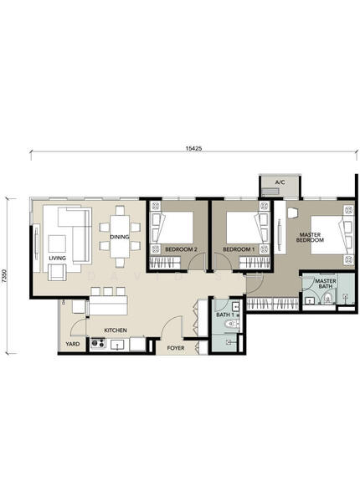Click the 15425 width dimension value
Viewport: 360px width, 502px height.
point(193,148)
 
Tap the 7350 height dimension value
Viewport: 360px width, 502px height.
point(4,276)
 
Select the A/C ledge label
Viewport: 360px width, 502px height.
point(280,182)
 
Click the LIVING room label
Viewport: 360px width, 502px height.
point(57,258)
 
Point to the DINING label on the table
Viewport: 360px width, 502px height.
point(120,237)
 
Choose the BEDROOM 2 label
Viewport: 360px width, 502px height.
point(181,249)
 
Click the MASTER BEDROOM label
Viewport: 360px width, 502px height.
point(310,238)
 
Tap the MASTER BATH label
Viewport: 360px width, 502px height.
point(326,284)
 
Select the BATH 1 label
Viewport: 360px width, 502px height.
point(225,315)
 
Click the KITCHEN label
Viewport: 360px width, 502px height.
point(116,330)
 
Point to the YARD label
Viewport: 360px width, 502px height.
point(73,344)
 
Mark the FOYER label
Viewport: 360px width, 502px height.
point(176,348)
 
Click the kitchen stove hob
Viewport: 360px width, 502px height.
point(98,343)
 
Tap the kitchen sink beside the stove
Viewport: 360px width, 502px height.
point(118,345)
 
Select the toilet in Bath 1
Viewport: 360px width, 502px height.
point(232,324)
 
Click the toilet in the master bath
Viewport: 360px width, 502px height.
point(327,299)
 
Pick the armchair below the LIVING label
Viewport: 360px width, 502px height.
point(58,272)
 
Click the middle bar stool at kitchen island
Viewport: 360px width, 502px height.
point(108,291)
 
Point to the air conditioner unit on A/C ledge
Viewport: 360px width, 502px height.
point(270,192)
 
